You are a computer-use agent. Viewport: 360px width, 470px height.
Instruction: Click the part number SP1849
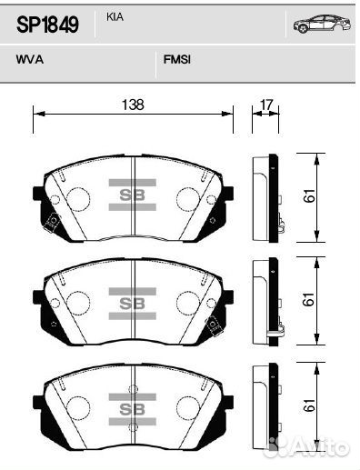click(x=47, y=25)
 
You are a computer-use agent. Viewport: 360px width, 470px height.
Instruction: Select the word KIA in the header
click(x=115, y=17)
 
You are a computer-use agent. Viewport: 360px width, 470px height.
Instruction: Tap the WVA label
click(x=30, y=59)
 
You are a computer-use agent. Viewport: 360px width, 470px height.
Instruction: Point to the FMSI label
click(x=177, y=59)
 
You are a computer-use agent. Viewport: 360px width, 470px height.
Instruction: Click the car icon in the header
click(x=322, y=24)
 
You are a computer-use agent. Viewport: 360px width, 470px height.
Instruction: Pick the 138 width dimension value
click(x=133, y=105)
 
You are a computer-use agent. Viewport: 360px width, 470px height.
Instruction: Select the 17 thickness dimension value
click(x=266, y=105)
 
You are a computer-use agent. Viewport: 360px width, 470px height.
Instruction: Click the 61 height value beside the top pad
click(x=309, y=195)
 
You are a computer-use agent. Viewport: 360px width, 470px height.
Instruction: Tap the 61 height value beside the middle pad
click(x=309, y=299)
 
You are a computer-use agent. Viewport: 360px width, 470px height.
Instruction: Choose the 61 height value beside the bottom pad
click(x=309, y=405)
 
